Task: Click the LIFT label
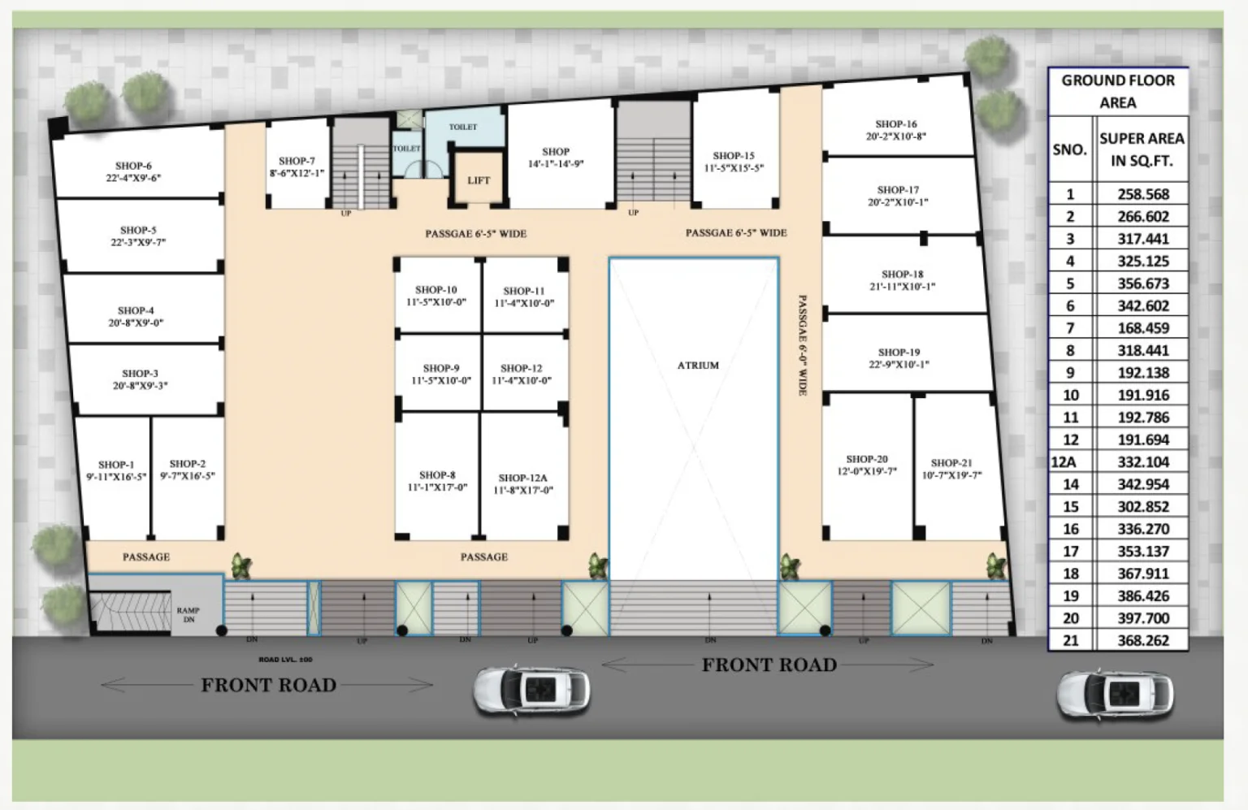[479, 180]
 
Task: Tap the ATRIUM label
[698, 366]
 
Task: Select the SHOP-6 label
[133, 166]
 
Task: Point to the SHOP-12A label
[522, 478]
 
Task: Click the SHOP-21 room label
[951, 463]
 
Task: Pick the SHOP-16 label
[896, 124]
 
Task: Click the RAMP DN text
[188, 614]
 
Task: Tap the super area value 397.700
[1142, 618]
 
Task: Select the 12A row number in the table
[1064, 462]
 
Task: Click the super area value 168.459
[1142, 328]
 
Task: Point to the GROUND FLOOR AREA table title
[1118, 91]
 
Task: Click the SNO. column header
[1069, 149]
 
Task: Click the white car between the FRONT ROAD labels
[532, 691]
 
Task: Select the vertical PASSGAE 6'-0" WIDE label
[802, 345]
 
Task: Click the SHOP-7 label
[297, 161]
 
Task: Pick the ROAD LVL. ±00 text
[285, 660]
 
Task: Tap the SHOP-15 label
[734, 155]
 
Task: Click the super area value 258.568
[1142, 194]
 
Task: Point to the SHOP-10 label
[436, 289]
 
